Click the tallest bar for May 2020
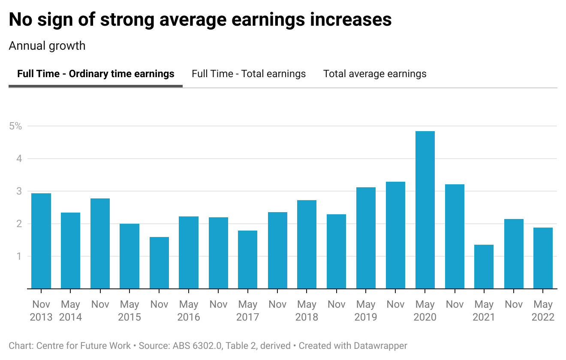425,210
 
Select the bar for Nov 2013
41,241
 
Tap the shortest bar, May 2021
484,267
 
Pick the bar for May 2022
543,258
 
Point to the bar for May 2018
307,244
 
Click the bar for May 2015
129,256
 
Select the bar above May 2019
366,238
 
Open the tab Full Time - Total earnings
249,74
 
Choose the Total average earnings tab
375,74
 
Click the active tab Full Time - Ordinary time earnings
96,74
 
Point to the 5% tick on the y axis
15,126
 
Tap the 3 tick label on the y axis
19,191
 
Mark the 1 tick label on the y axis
19,256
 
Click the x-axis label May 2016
189,311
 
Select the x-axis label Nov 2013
42,311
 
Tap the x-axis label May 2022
543,311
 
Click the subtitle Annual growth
47,46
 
